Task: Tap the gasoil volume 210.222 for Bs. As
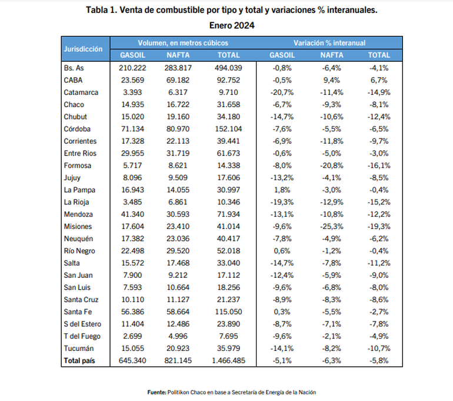click(x=132, y=68)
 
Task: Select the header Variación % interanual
click(x=329, y=43)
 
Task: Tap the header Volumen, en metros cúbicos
click(x=183, y=43)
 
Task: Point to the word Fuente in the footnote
click(x=156, y=392)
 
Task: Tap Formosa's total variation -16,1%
click(x=378, y=165)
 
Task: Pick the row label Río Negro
click(x=80, y=251)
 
